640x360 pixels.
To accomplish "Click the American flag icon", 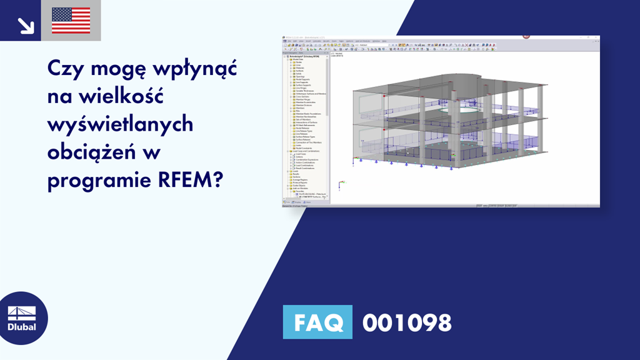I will (71, 21).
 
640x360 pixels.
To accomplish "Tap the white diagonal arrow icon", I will (26, 25).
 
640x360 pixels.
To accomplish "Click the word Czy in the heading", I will (63, 68).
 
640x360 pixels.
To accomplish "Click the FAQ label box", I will (317, 322).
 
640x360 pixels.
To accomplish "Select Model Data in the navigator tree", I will (296, 59).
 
